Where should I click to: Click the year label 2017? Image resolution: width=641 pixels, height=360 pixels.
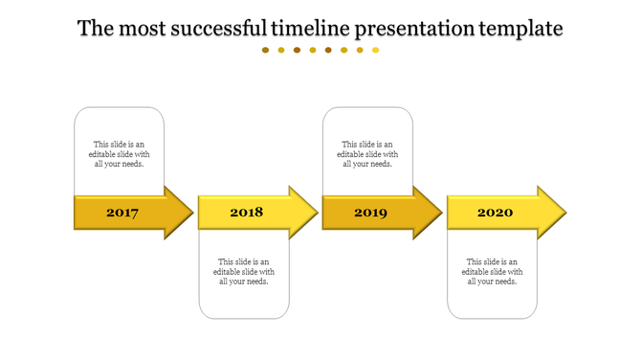122,213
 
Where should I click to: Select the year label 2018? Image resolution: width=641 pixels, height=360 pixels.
246,213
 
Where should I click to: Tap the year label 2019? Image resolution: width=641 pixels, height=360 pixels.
370,213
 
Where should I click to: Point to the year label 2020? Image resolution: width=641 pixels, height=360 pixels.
495,213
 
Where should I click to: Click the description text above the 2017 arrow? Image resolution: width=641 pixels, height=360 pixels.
120,154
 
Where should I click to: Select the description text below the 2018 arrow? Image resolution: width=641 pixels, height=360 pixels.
244,271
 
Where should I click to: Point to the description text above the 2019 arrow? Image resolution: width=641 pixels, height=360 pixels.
368,154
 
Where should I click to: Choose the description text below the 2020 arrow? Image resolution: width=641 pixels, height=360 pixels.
493,271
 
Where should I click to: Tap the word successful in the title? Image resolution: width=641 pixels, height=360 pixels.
219,29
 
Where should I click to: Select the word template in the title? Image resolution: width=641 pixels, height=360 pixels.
520,29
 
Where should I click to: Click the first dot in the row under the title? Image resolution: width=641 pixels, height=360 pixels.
266,50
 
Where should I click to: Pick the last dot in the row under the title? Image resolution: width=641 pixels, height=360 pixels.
376,50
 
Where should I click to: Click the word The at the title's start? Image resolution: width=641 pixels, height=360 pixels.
95,29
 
